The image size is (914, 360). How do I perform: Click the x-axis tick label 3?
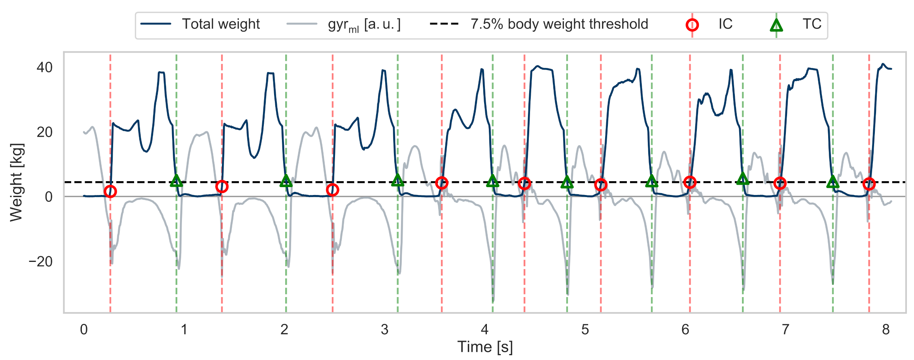point(384,330)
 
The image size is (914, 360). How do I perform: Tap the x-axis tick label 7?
point(785,330)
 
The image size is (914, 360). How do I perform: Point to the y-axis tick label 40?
point(45,67)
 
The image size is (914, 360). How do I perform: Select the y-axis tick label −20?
point(40,261)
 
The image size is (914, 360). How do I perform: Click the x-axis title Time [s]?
point(485,347)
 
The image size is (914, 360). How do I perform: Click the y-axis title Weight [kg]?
point(17,182)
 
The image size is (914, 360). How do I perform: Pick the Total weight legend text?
point(221,25)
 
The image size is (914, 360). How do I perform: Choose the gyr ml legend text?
point(364,25)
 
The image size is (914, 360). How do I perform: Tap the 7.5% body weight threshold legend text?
point(559,25)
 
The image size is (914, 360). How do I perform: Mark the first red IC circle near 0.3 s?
point(110,191)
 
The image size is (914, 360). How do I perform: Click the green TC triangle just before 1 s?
point(176,181)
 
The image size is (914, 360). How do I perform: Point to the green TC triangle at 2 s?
point(286,181)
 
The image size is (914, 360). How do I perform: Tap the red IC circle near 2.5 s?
point(333,190)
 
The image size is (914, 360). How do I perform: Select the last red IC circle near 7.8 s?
point(869,184)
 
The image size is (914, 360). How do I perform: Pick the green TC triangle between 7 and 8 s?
point(833,182)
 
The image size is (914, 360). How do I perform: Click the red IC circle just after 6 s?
point(690,182)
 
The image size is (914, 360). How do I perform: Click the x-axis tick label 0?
point(84,330)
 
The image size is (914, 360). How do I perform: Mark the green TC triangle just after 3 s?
point(397,181)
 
